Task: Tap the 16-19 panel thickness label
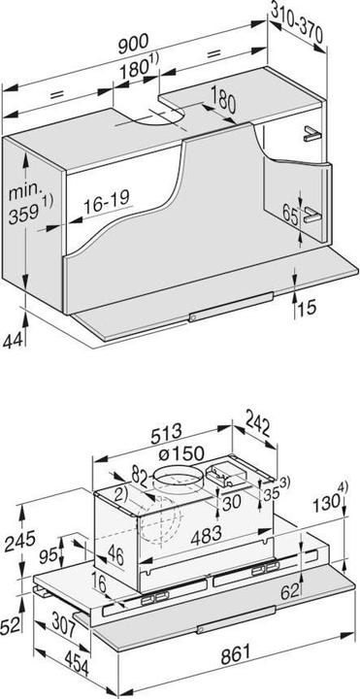coord(108,206)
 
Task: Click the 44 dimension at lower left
coord(13,343)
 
